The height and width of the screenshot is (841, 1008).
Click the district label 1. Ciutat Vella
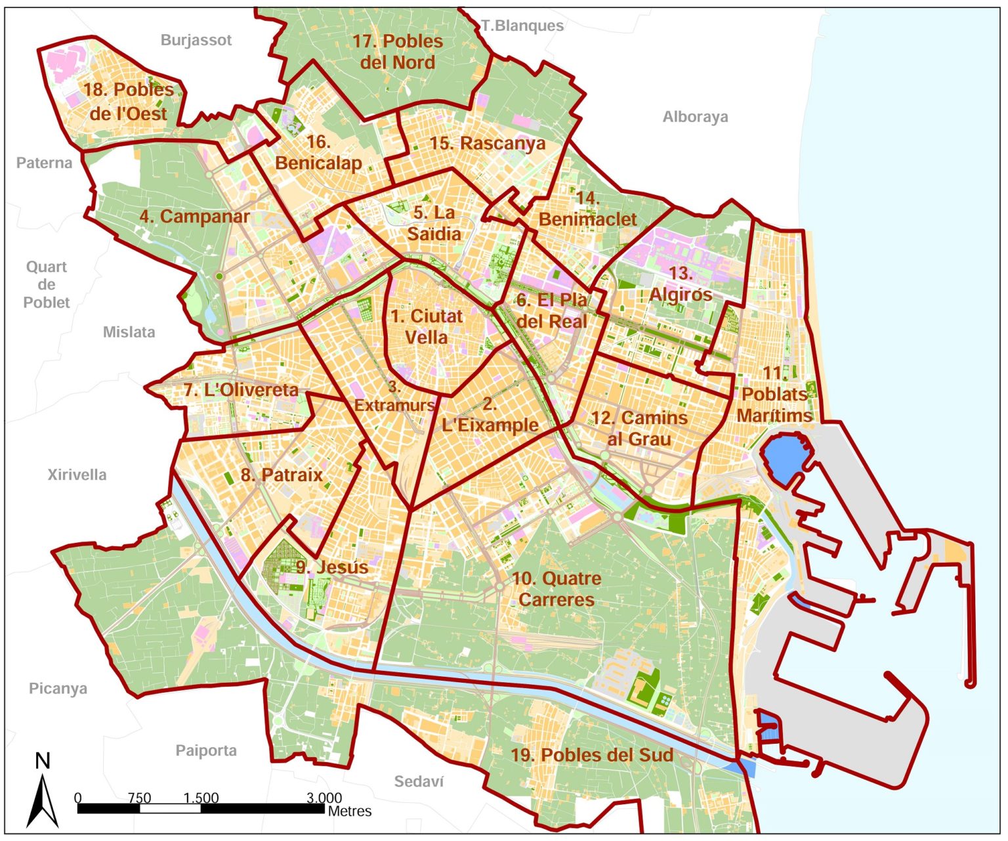[x=427, y=326]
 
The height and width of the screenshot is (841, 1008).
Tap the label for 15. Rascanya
[x=487, y=143]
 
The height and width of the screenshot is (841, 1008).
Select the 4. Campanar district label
[x=194, y=217]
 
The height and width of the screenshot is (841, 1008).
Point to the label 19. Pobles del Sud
[x=592, y=755]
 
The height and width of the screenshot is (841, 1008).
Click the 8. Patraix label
[x=282, y=475]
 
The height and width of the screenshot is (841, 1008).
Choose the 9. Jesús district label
[x=332, y=567]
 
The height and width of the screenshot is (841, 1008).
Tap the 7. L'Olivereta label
[x=241, y=390]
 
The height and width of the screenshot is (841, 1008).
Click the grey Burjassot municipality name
[x=196, y=40]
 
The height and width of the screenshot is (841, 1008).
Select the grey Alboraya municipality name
[x=695, y=117]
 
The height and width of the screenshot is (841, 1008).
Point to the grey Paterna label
[x=44, y=163]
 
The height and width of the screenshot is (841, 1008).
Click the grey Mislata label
[x=129, y=332]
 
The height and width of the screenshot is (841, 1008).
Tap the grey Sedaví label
[x=419, y=781]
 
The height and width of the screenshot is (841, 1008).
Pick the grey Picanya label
[x=58, y=689]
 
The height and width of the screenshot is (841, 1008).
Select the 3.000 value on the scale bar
[x=324, y=798]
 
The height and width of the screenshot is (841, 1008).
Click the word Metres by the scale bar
[x=349, y=811]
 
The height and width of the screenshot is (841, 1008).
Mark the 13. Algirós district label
[x=681, y=284]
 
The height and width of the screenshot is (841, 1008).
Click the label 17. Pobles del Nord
[x=398, y=51]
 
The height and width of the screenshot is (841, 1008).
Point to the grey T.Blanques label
[x=522, y=26]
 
